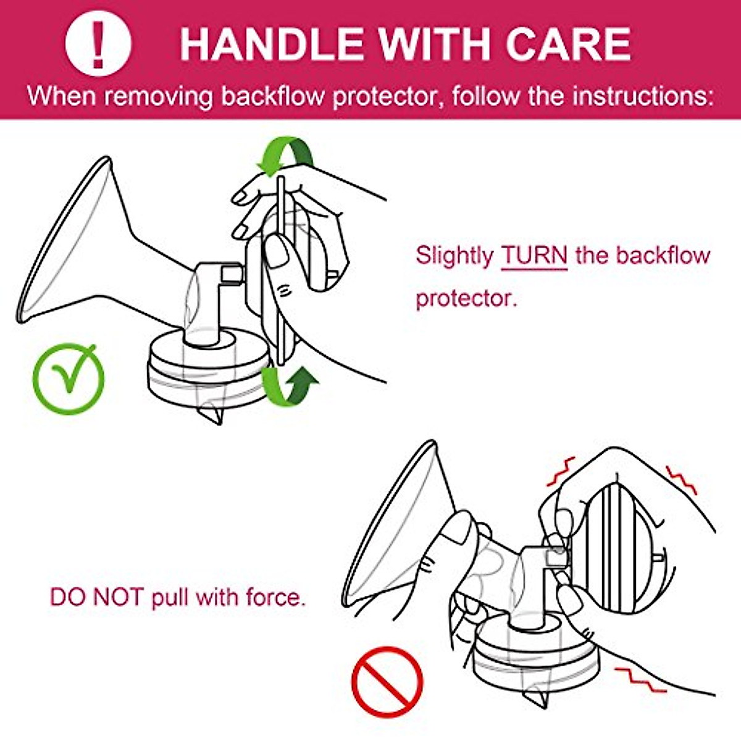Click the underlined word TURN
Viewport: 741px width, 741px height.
click(x=534, y=255)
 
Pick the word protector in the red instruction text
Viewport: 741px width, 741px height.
click(x=464, y=298)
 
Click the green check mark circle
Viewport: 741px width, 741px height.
click(x=68, y=379)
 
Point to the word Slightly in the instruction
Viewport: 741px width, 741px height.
click(x=454, y=255)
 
